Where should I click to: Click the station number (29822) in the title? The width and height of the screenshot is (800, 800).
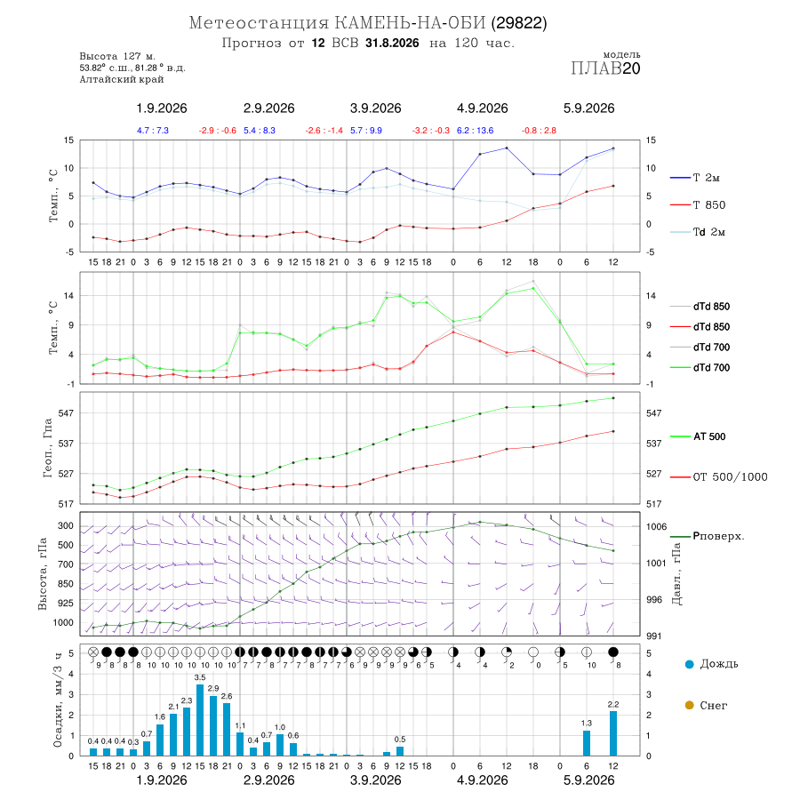point(519,23)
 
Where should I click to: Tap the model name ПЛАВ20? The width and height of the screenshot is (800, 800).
point(605,68)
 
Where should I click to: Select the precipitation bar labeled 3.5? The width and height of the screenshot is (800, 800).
point(200,720)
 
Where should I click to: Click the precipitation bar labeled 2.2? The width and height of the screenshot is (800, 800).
point(613,733)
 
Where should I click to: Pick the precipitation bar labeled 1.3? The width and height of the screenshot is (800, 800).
point(587,743)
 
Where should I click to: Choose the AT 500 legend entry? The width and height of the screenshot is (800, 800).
point(698,436)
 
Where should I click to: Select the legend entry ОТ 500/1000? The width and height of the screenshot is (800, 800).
point(718,477)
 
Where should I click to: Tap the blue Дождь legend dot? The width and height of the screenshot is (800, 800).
point(689,664)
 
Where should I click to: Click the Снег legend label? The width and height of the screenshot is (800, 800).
point(713,706)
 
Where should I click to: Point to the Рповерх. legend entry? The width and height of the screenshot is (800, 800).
point(707,536)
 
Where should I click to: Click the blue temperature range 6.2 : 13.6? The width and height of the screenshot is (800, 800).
point(475,131)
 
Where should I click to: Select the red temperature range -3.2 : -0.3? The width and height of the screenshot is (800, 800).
point(431,131)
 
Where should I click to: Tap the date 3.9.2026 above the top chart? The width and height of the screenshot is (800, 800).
point(375,108)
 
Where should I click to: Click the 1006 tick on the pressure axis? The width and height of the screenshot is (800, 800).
point(656,526)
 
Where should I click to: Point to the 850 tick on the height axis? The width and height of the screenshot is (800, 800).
point(65,584)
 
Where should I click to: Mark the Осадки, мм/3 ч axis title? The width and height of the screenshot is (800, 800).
point(58,700)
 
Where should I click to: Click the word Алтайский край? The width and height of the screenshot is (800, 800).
point(122,79)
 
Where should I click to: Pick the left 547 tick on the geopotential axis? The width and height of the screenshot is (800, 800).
point(66,413)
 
